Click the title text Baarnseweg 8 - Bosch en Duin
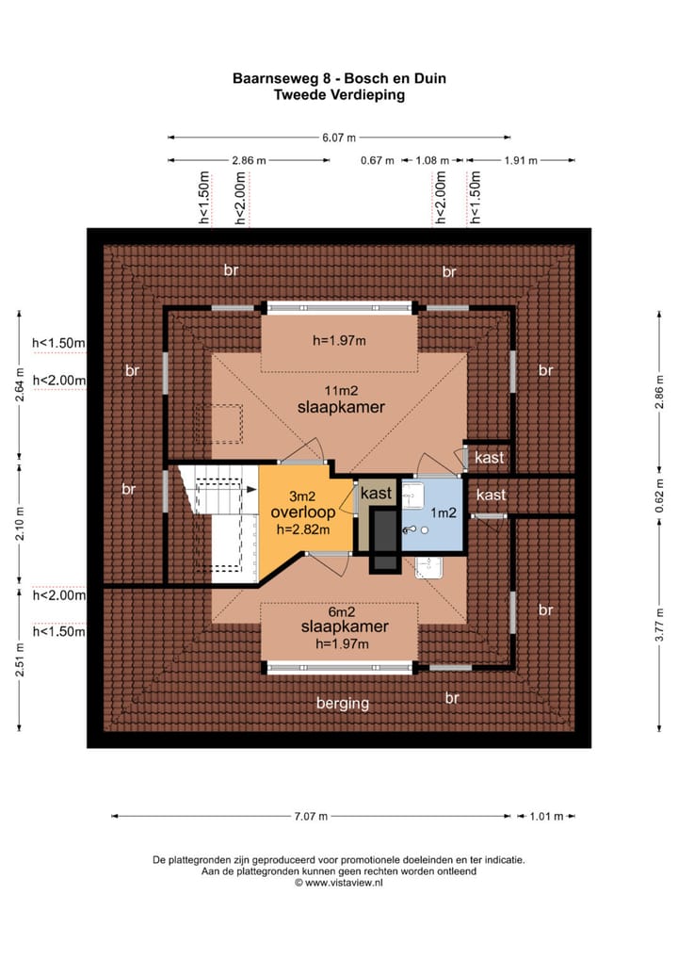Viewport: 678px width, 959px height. point(339,79)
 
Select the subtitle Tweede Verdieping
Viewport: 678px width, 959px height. point(339,94)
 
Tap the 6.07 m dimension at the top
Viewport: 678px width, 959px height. point(339,138)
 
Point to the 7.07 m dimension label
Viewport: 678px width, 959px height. point(312,817)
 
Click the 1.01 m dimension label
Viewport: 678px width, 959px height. point(546,817)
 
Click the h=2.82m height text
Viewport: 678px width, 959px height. point(303,529)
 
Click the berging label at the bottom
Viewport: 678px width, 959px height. point(343,703)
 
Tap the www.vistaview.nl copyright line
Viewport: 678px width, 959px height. point(339,883)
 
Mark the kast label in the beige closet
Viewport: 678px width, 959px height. point(377,494)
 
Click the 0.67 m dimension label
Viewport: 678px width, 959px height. point(377,160)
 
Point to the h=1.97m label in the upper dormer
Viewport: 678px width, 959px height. point(339,340)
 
